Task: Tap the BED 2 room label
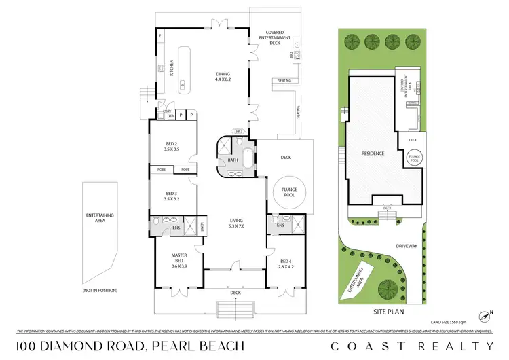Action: pyautogui.click(x=171, y=147)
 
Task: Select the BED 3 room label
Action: pyautogui.click(x=171, y=196)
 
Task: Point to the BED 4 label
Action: pyautogui.click(x=286, y=263)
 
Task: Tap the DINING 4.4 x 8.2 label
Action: pyautogui.click(x=223, y=77)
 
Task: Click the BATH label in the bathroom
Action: pyautogui.click(x=231, y=161)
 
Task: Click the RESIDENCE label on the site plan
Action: pyautogui.click(x=373, y=154)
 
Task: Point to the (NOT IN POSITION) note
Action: pyautogui.click(x=100, y=290)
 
